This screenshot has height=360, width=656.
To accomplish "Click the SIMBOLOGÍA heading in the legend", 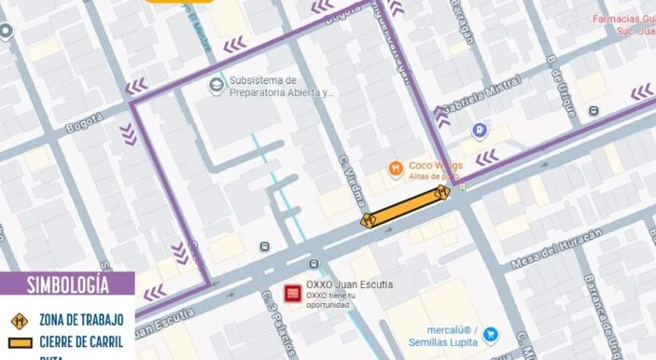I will point(67,284).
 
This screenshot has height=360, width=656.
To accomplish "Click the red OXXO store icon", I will point(292,293).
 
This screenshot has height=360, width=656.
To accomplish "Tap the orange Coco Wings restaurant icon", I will point(397,169).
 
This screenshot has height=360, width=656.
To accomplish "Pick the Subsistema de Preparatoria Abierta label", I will point(281,87).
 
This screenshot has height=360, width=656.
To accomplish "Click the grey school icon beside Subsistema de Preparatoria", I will point(216,87).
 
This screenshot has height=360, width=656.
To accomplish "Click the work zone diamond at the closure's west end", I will point(368,220).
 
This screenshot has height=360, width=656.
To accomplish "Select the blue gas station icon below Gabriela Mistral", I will point(479,131).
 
